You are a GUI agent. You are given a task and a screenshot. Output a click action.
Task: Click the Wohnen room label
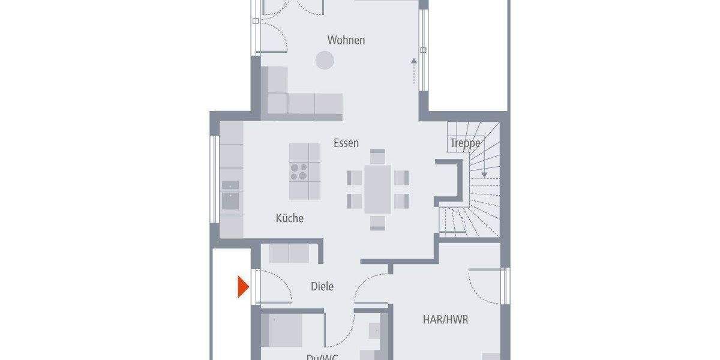pos(346,40)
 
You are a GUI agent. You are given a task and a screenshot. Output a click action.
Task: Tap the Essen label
pos(346,143)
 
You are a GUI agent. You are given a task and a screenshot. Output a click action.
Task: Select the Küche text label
pos(289,218)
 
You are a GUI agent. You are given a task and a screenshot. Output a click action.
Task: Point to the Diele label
pos(322,287)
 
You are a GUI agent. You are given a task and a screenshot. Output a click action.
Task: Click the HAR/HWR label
pos(445,320)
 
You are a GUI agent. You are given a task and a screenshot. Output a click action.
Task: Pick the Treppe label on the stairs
pos(465,143)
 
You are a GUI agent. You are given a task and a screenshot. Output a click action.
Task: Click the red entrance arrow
pos(243,286)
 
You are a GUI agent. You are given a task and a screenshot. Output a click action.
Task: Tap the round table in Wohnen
pos(325,59)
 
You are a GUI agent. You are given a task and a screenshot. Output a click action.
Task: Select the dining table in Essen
pos(377,188)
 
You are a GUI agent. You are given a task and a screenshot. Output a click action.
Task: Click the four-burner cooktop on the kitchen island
pos(299,172)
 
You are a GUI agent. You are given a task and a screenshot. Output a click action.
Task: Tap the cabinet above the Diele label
pos(289,253)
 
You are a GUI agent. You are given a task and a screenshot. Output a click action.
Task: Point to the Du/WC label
pos(322,356)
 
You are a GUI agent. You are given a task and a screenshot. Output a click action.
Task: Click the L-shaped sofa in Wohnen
pos(288,99)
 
